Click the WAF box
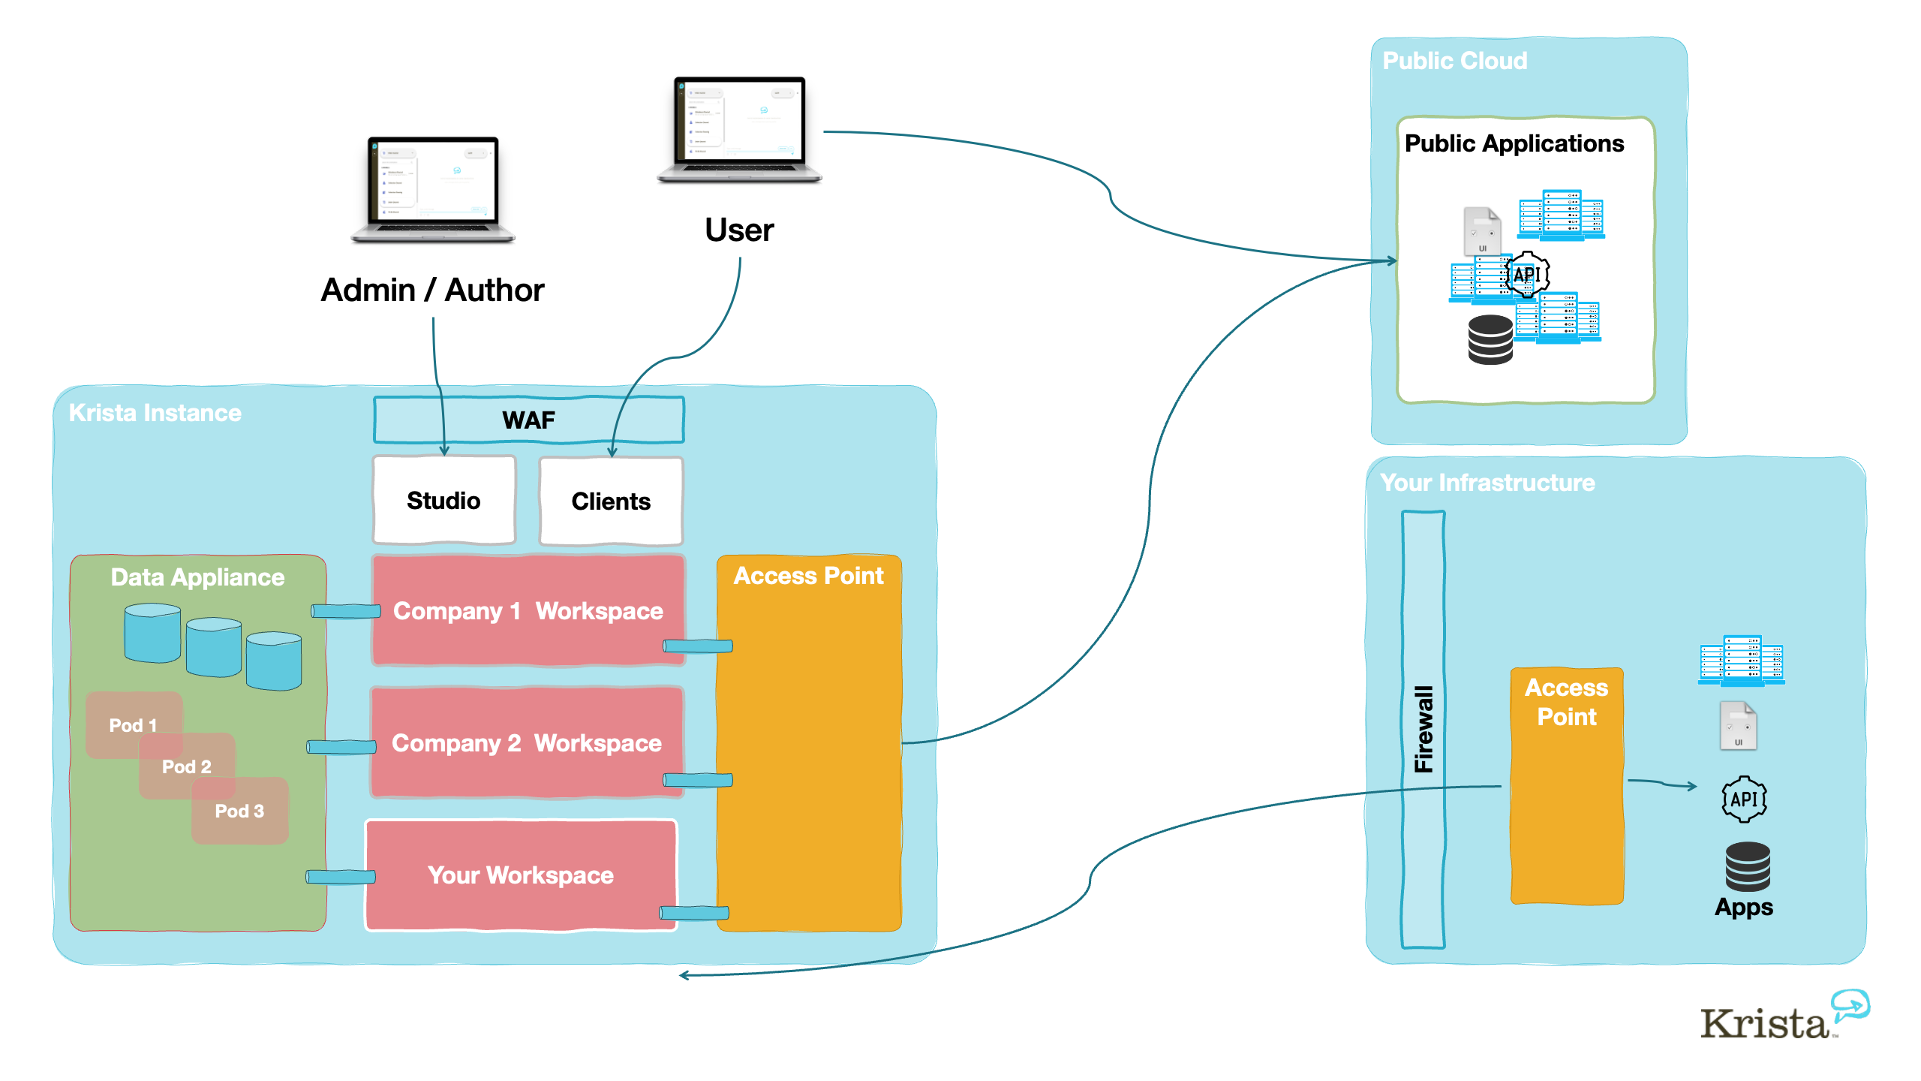pos(529,420)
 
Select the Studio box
pos(444,500)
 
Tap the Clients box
pos(611,501)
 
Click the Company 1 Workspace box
pos(528,611)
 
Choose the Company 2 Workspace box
pos(527,742)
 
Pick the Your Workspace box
pos(521,875)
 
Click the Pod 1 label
pos(133,725)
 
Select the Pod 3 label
pos(239,811)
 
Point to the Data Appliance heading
pos(197,577)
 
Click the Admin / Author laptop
pos(433,189)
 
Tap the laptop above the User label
pos(739,129)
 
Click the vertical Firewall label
pos(1423,729)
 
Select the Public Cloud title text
pos(1454,61)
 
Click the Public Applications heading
pos(1514,143)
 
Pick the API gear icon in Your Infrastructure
pos(1744,799)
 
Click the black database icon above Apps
pos(1748,866)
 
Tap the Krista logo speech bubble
pos(1850,1004)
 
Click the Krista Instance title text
pos(155,413)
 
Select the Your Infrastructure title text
pos(1487,483)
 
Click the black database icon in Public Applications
pos(1490,339)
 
